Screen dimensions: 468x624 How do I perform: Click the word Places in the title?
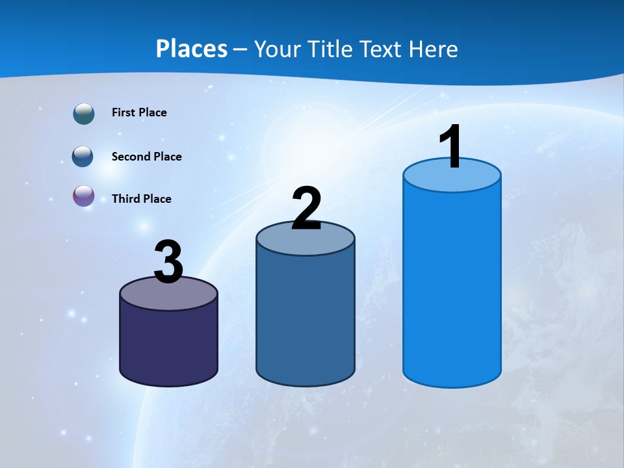tap(192, 49)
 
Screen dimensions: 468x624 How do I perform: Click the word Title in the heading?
tap(330, 49)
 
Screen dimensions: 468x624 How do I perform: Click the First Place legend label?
tap(139, 112)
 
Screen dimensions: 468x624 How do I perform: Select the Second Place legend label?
tap(146, 157)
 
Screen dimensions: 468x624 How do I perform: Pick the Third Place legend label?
tap(141, 199)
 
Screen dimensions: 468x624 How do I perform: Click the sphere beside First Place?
tap(84, 114)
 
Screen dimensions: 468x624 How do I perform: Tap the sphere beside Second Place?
tap(83, 157)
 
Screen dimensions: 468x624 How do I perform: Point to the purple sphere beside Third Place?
tap(84, 196)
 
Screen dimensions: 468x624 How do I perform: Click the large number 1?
tap(450, 147)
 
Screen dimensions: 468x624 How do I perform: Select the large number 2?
tap(306, 209)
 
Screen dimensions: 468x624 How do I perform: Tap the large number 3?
tap(168, 263)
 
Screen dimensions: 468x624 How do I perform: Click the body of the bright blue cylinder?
tap(452, 286)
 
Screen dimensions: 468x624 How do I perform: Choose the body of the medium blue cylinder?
tap(305, 318)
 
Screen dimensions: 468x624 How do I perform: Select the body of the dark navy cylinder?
tap(168, 344)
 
